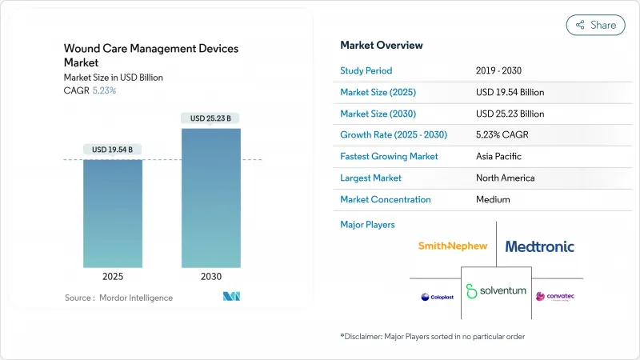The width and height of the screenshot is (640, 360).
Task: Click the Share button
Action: point(595,25)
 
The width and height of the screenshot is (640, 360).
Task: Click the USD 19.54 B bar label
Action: point(113,150)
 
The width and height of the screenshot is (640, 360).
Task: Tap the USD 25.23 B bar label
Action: point(210,118)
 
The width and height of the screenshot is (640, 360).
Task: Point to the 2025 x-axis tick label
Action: point(113,277)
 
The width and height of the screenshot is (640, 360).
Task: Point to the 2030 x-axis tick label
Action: point(210,277)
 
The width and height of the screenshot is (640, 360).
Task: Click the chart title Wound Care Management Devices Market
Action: point(150,55)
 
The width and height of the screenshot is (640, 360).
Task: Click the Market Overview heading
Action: point(382,45)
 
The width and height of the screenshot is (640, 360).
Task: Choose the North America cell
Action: point(505,178)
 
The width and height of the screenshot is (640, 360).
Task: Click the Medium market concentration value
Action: point(494,199)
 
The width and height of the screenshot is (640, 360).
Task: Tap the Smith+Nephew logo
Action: point(452,246)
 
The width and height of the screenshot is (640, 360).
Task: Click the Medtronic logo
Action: point(539,246)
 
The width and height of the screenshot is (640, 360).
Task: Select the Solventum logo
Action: point(496,290)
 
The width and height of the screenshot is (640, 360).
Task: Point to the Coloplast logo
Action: point(436,297)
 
